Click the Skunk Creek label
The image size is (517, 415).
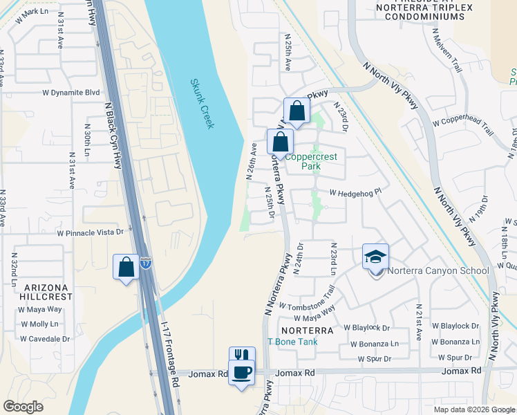202,104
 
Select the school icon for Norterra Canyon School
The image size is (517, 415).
376,257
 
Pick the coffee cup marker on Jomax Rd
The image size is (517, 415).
241,373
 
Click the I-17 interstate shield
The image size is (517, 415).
145,263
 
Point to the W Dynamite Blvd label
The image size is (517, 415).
71,92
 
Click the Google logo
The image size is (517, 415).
23,407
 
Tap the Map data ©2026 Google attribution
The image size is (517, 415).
474,409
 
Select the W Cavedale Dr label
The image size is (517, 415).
45,339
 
